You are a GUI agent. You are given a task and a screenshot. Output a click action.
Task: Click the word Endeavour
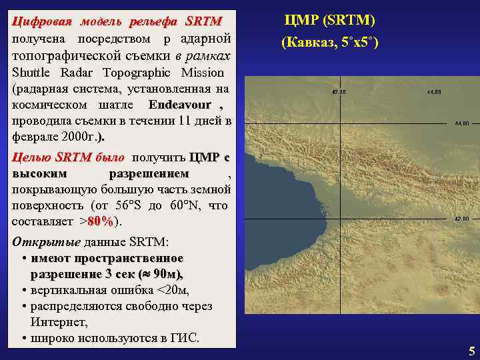pyautogui.click(x=180, y=105)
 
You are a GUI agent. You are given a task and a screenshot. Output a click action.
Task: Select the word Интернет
pyautogui.click(x=59, y=322)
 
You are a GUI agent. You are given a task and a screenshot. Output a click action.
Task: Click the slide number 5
pyautogui.click(x=471, y=351)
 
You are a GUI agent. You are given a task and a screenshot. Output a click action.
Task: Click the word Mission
pyautogui.click(x=199, y=73)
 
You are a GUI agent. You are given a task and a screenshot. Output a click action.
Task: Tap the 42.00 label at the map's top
pyautogui.click(x=339, y=92)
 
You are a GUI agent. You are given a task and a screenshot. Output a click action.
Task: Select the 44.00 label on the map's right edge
pyautogui.click(x=461, y=123)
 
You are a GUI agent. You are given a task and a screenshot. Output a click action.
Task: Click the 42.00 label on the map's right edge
pyautogui.click(x=461, y=218)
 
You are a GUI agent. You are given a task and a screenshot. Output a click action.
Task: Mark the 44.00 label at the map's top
pyautogui.click(x=434, y=92)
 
